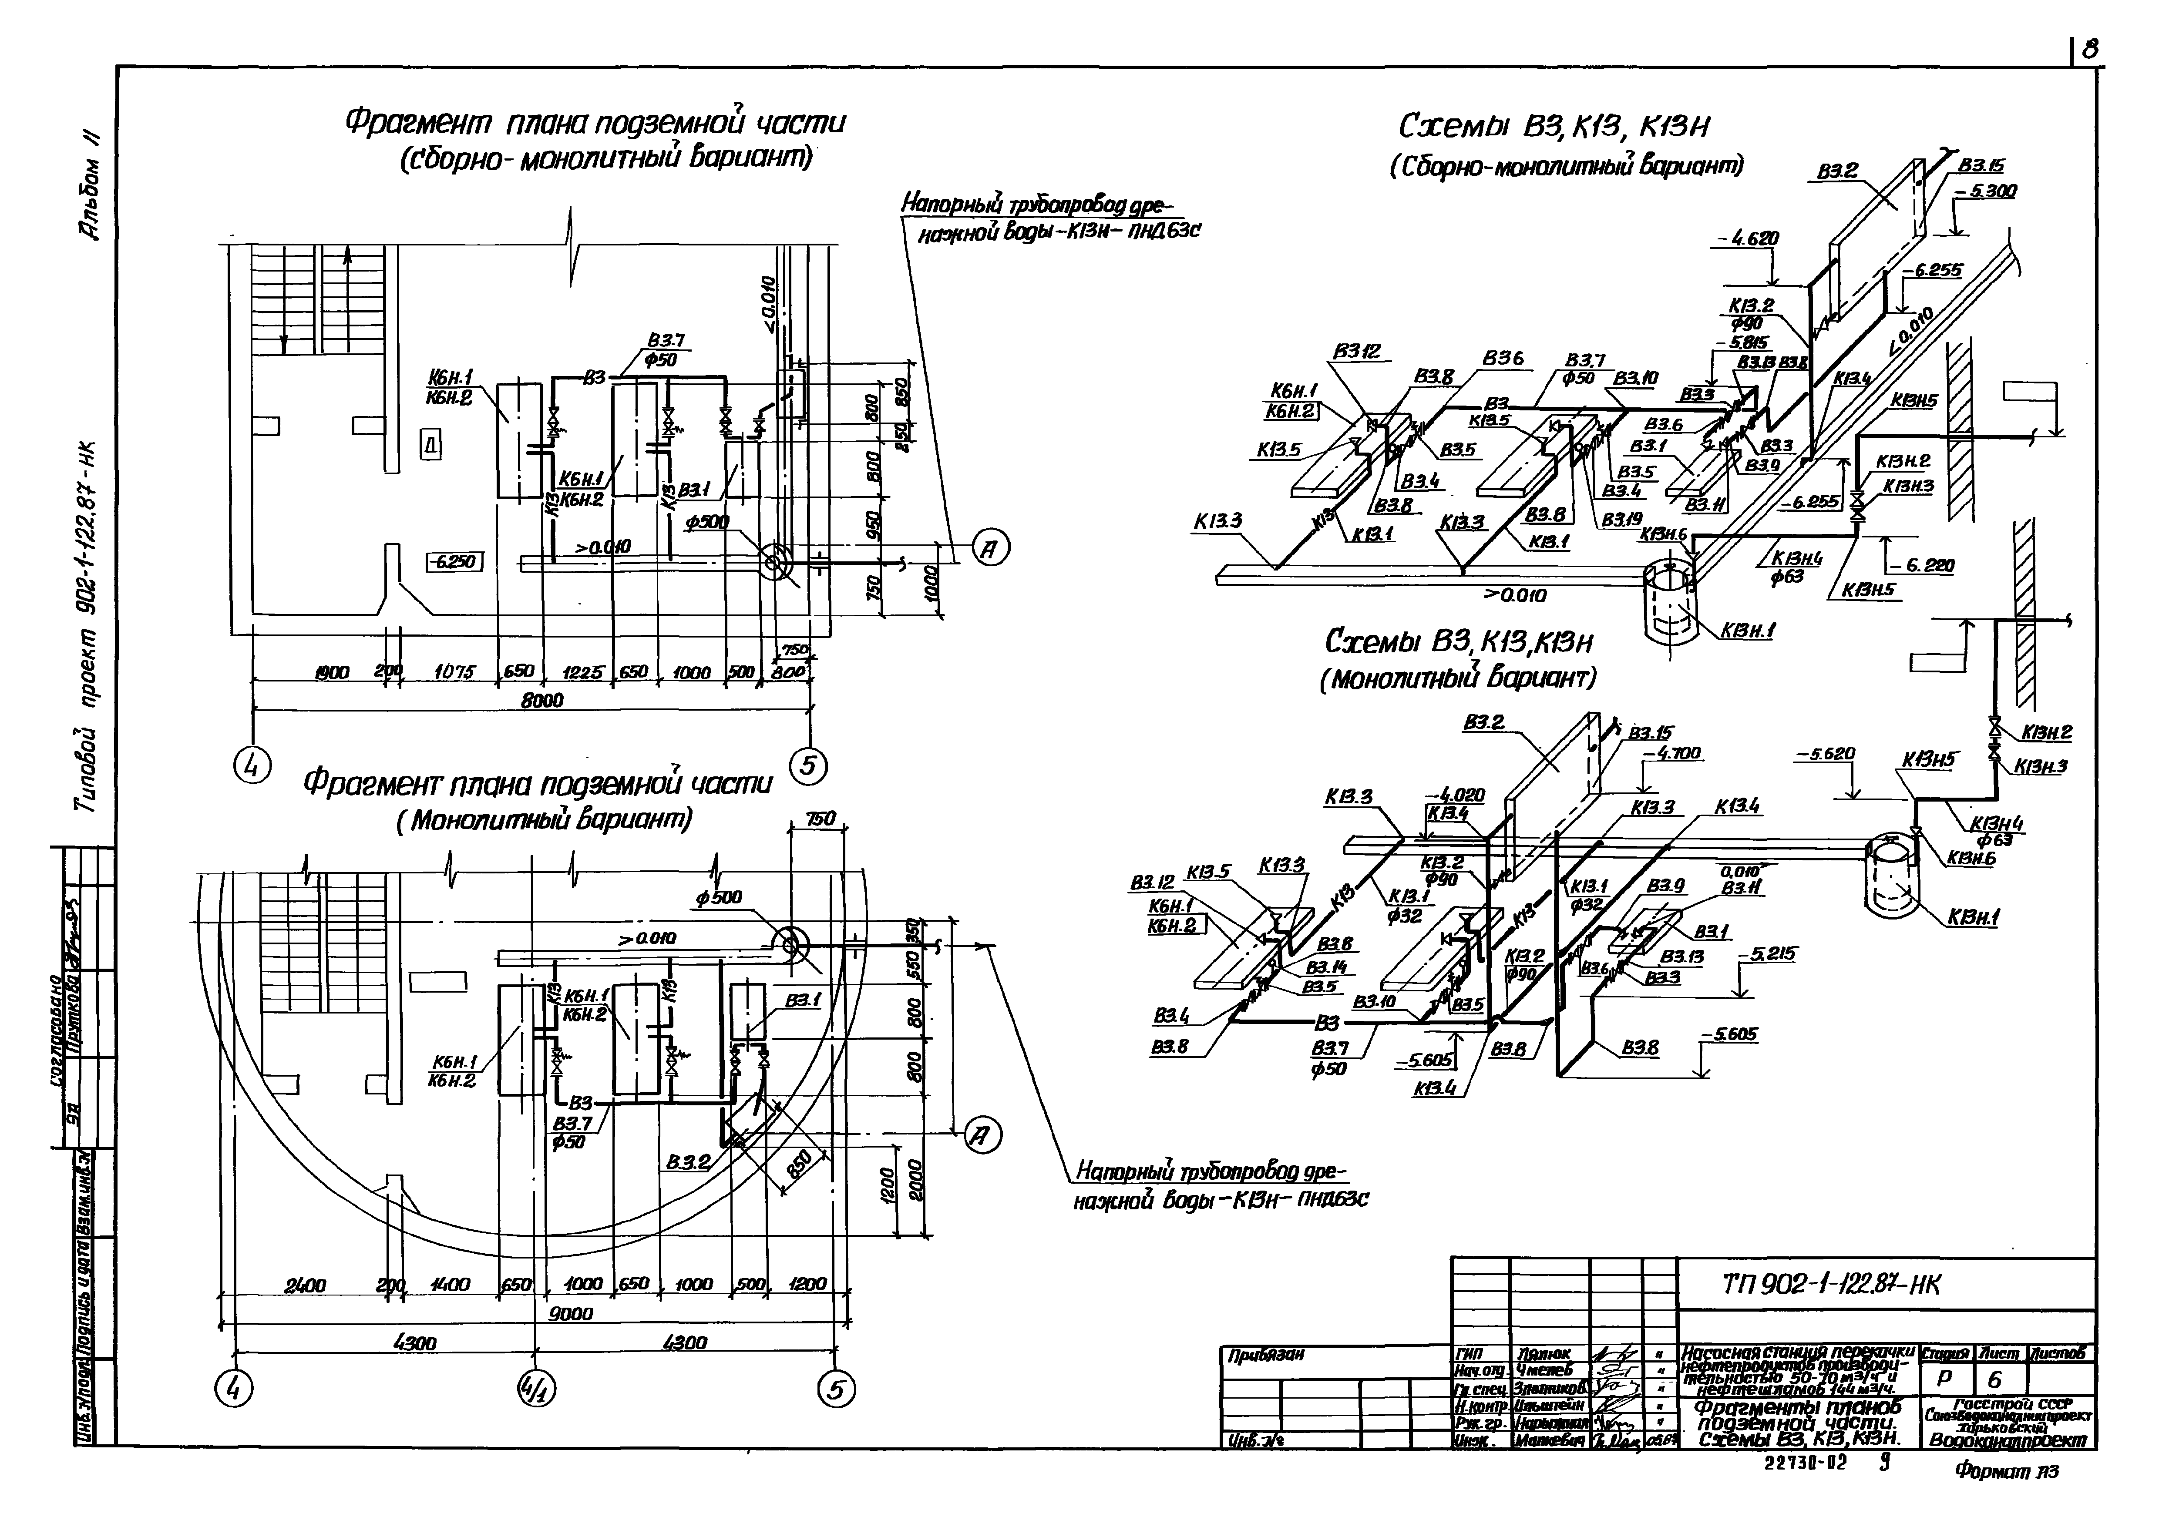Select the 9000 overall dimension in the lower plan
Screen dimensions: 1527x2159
click(571, 1314)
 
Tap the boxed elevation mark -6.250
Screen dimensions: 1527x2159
click(454, 561)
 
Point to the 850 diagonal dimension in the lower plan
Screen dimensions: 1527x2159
click(799, 1165)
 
